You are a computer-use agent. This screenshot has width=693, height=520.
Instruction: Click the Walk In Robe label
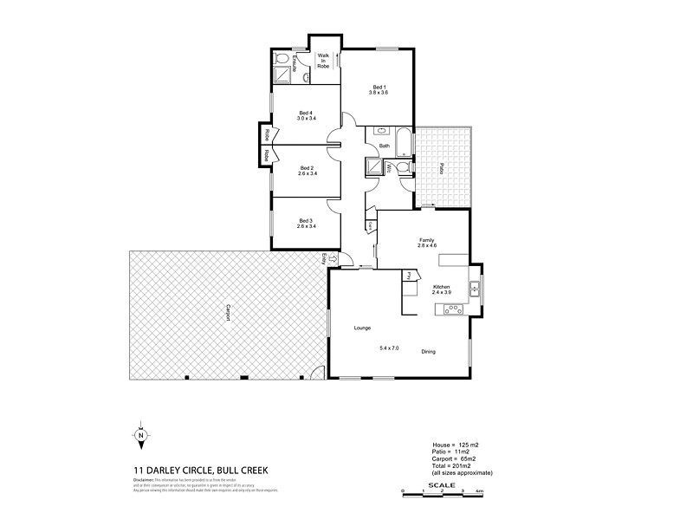[324, 60]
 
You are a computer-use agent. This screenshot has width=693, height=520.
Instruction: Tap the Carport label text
[228, 313]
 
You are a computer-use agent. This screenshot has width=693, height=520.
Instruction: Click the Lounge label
[362, 329]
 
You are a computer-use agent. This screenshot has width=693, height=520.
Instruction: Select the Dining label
[428, 351]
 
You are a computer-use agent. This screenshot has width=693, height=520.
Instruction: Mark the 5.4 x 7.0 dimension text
[392, 348]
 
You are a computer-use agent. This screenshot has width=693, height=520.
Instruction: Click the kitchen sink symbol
[475, 287]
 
